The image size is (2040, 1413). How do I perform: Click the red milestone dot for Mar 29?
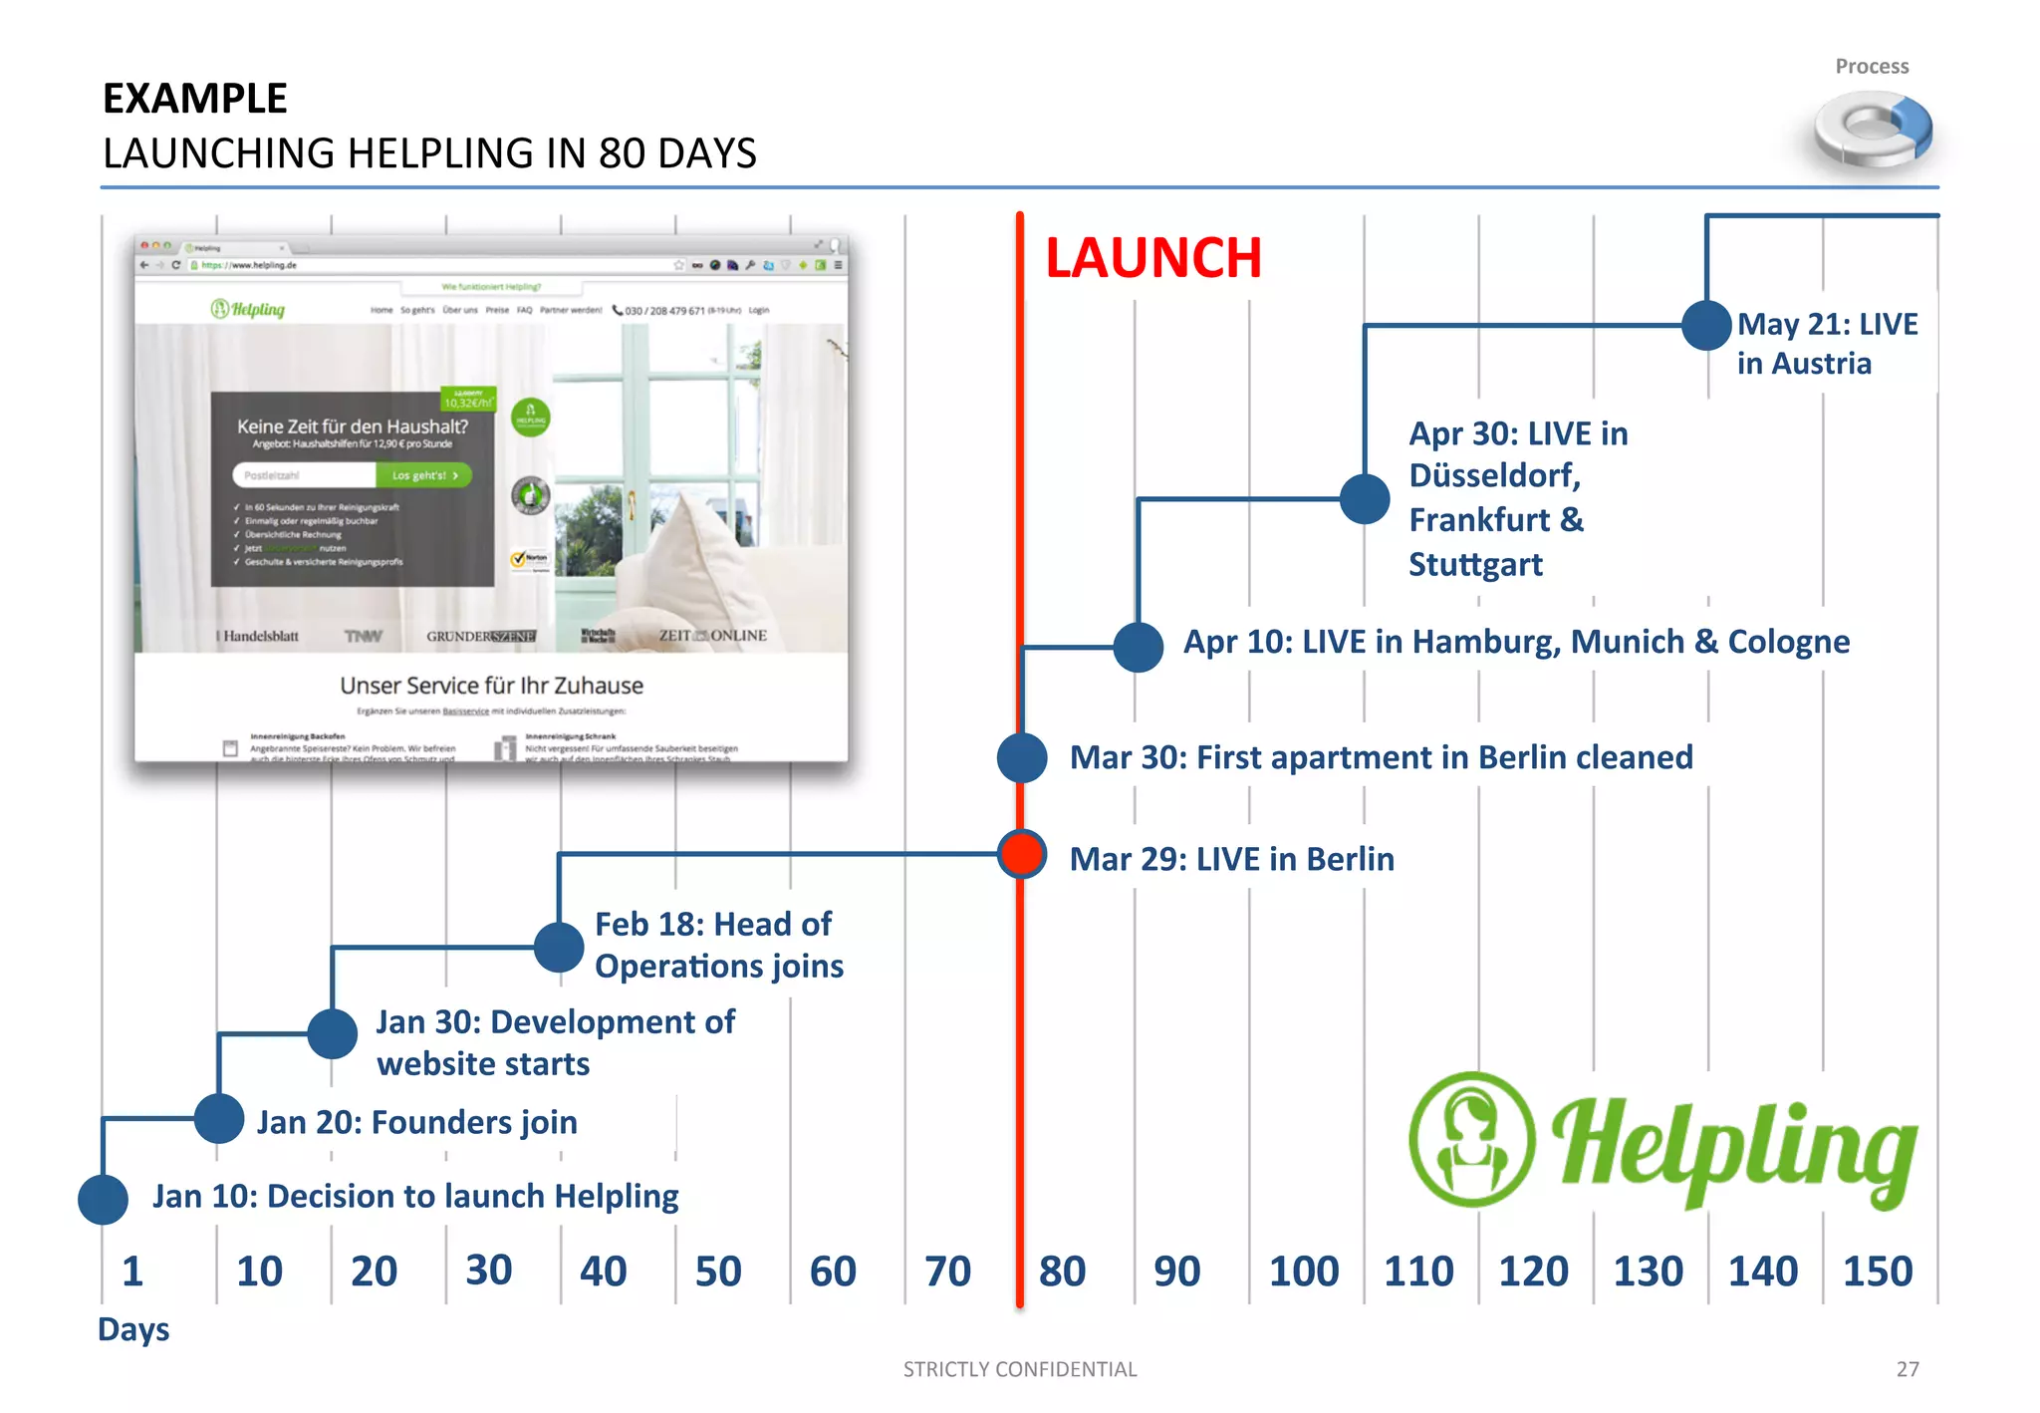pyautogui.click(x=1021, y=854)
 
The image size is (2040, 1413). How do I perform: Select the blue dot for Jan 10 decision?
pyautogui.click(x=103, y=1199)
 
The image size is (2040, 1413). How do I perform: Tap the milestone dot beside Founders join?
pyautogui.click(x=219, y=1118)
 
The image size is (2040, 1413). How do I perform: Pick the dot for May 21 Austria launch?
pyautogui.click(x=1706, y=325)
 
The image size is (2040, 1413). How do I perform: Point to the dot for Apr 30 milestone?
pyautogui.click(x=1365, y=498)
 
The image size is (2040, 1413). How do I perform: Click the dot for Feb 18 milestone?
pyautogui.click(x=559, y=947)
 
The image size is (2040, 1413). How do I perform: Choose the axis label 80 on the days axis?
pyautogui.click(x=1062, y=1272)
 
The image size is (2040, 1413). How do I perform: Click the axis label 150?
pyautogui.click(x=1878, y=1272)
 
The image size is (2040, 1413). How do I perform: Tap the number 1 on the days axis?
pyautogui.click(x=132, y=1272)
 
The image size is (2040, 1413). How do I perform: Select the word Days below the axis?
pyautogui.click(x=133, y=1329)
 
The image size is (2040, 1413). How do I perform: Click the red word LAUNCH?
pyautogui.click(x=1153, y=258)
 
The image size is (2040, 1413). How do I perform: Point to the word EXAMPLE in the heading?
pyautogui.click(x=195, y=99)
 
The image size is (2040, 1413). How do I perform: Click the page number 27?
pyautogui.click(x=1908, y=1369)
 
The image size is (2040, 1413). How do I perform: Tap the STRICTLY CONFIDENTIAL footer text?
pyautogui.click(x=1020, y=1369)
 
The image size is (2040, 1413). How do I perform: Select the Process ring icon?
pyautogui.click(x=1873, y=130)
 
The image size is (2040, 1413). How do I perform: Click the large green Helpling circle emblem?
pyautogui.click(x=1472, y=1139)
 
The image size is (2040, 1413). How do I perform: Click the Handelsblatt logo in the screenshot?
pyautogui.click(x=259, y=636)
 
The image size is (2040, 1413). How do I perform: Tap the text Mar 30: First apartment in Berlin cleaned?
pyautogui.click(x=1381, y=757)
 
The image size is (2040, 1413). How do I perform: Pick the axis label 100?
pyautogui.click(x=1304, y=1272)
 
